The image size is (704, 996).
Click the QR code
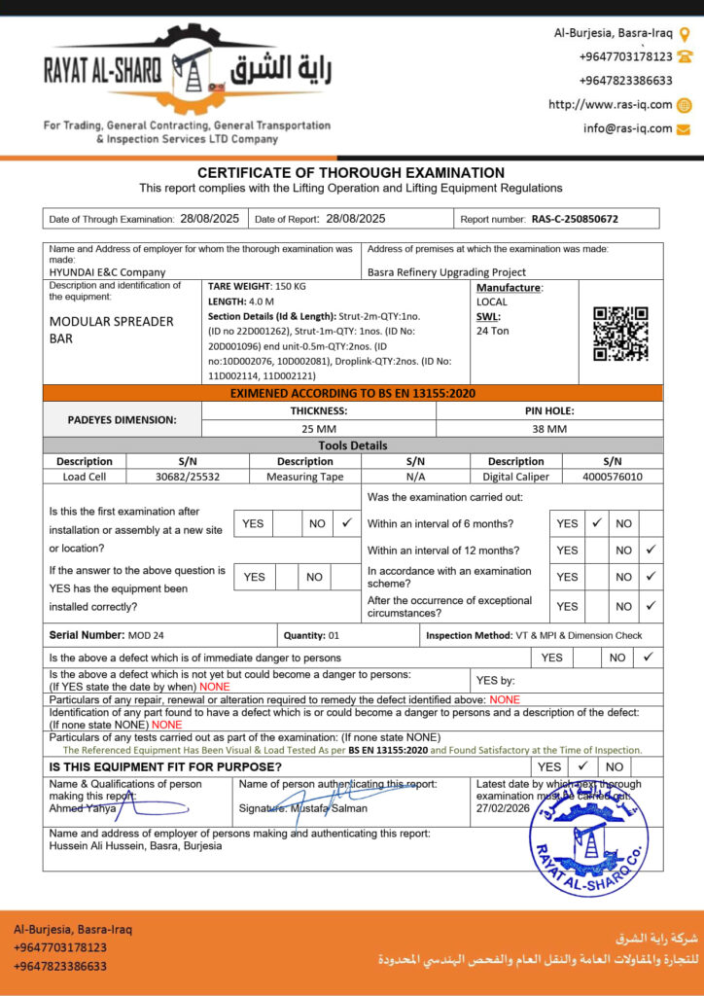(620, 334)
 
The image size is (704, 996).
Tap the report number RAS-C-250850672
(574, 219)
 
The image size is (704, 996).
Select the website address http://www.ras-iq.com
(610, 105)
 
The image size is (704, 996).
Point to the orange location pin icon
(685, 33)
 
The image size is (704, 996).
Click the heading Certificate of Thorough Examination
(351, 172)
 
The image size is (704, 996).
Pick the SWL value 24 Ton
(493, 331)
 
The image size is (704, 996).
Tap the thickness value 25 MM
(318, 428)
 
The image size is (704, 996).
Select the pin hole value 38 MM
(549, 428)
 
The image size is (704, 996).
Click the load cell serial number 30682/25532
(188, 477)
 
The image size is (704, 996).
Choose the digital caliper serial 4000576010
(612, 477)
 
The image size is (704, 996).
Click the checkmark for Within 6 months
(597, 522)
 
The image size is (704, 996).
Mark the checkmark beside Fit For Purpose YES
(581, 765)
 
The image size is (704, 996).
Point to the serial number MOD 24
(146, 635)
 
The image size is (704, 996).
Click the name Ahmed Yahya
(81, 808)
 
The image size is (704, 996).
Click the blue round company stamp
(586, 837)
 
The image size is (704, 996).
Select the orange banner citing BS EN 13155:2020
(352, 393)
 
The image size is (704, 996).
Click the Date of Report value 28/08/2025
(355, 219)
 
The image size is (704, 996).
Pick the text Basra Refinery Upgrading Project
(446, 272)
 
